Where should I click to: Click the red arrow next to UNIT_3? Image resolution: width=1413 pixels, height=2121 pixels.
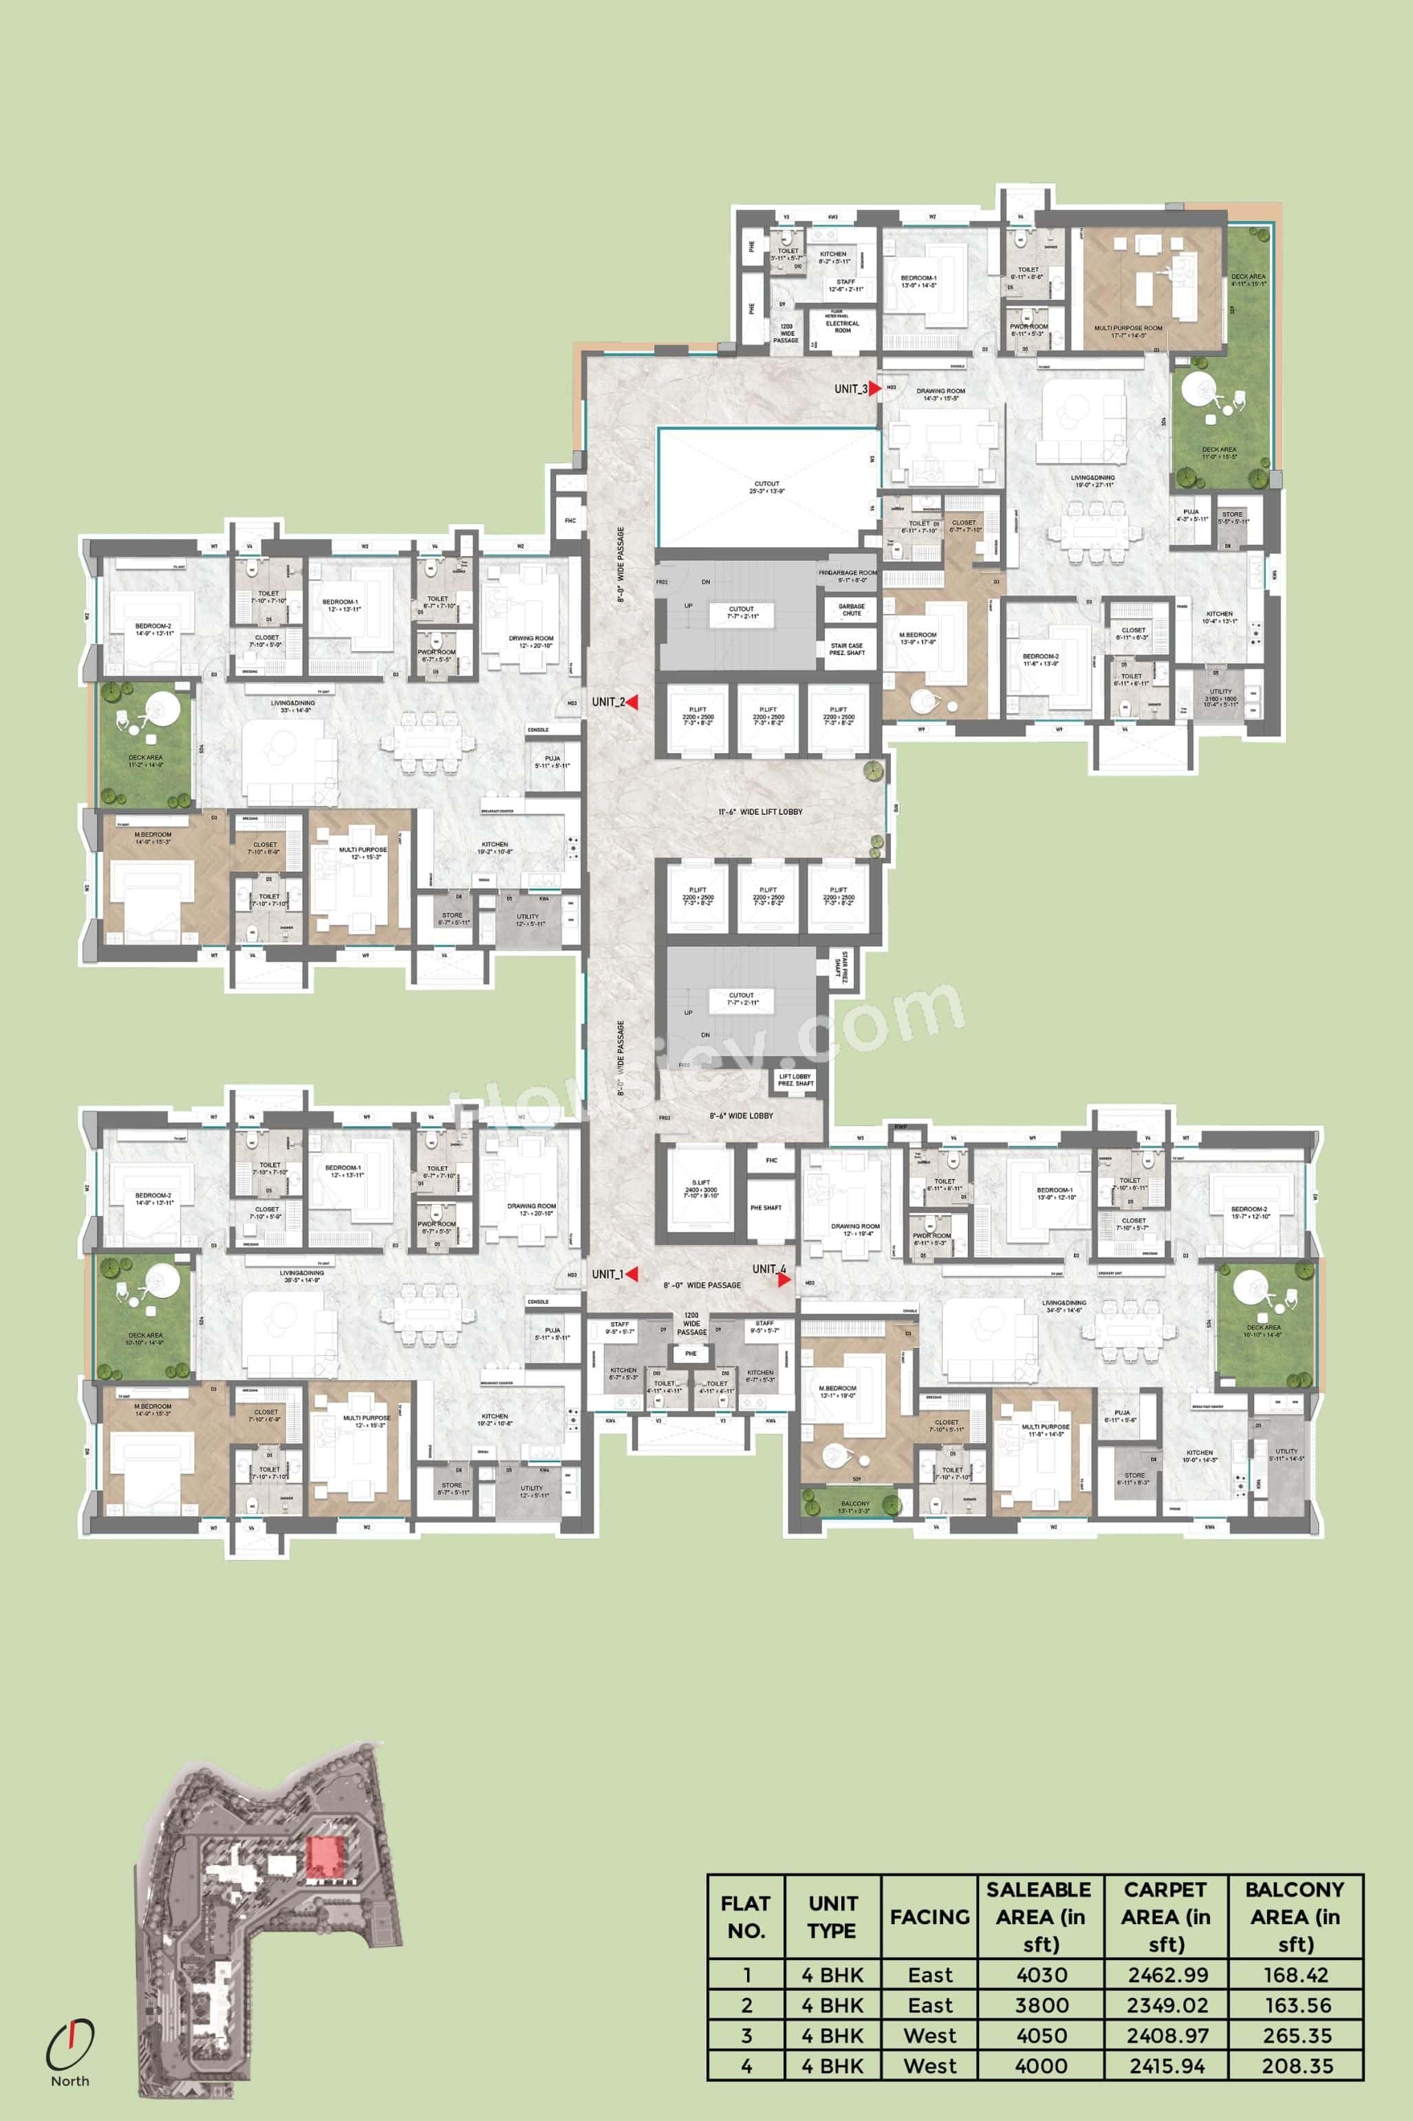[874, 389]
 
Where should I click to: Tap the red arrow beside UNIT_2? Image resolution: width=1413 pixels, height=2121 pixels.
[633, 702]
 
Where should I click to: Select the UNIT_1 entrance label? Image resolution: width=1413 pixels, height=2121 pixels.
[607, 1275]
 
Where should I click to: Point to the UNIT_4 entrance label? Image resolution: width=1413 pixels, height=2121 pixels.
[768, 1269]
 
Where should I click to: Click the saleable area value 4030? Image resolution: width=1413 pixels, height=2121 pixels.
[1041, 1975]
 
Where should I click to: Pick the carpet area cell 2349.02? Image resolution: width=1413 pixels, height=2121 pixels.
[1167, 2005]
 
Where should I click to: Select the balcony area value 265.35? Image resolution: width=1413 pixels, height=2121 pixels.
[1297, 2036]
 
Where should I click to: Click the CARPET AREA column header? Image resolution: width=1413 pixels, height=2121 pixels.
[1165, 1917]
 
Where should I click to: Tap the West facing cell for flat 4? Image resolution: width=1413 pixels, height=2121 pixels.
[929, 2066]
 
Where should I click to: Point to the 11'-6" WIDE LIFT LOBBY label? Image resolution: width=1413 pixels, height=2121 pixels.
[759, 812]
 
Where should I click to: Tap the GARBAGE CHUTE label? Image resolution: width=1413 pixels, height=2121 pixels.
[852, 609]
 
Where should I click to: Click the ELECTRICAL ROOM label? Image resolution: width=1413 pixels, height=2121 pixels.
[843, 326]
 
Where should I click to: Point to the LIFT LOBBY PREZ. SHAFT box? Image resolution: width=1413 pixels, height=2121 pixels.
[795, 1079]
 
